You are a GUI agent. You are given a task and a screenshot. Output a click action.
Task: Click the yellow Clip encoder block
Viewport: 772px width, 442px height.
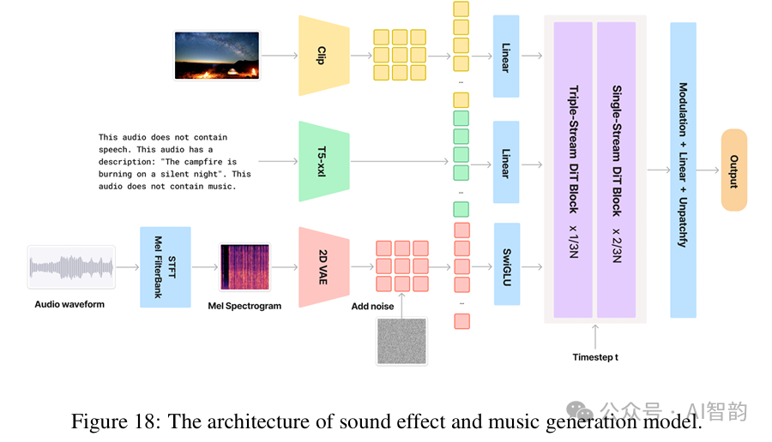coord(323,57)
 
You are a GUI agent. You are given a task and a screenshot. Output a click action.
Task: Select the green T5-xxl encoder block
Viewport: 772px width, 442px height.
coord(323,161)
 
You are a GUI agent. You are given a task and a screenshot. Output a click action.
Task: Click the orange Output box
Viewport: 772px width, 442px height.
coord(733,170)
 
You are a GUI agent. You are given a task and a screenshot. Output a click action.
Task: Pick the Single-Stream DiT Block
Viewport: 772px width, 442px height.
coord(616,170)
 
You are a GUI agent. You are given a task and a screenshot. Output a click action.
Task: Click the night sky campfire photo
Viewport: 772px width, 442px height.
coord(216,56)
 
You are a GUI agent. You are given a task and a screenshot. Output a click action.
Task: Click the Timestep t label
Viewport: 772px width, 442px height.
coord(594,356)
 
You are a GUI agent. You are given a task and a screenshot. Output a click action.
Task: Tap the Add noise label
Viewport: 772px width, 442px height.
coord(372,305)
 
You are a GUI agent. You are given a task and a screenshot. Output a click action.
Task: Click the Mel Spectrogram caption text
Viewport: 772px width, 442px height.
coord(244,306)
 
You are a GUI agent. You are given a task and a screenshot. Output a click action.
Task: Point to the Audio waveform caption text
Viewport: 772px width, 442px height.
coord(69,303)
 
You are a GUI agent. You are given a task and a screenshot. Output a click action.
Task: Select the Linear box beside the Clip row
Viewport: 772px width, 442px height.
coord(506,57)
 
